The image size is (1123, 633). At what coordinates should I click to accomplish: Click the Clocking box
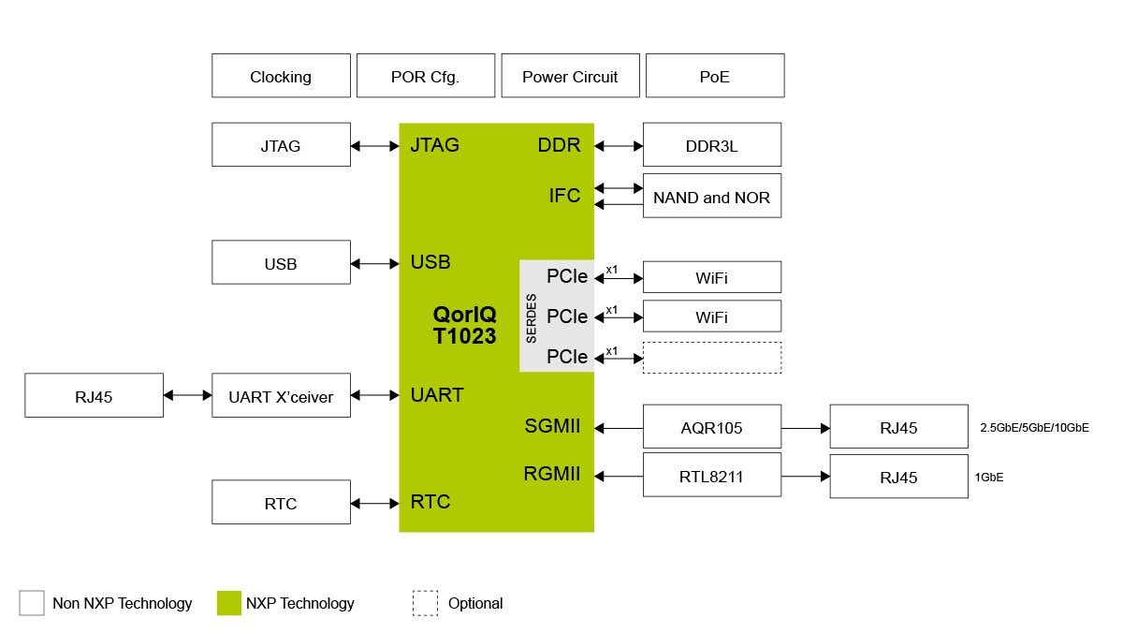(x=281, y=76)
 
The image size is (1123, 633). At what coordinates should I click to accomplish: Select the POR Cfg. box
(x=425, y=76)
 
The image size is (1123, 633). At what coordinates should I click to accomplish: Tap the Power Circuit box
(x=570, y=76)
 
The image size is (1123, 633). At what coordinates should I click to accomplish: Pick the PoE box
(x=714, y=76)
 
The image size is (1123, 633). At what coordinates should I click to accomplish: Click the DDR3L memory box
(x=711, y=145)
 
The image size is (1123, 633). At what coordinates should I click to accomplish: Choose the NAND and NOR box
(x=711, y=197)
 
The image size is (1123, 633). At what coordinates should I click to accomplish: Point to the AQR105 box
(x=711, y=427)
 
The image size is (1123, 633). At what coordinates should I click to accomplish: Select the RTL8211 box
(x=711, y=475)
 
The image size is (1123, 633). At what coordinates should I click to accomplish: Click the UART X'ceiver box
(x=281, y=396)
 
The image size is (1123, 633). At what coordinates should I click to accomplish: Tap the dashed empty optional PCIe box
(x=711, y=358)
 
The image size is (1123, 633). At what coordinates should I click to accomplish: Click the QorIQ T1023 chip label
(x=464, y=325)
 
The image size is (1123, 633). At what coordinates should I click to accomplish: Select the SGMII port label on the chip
(x=552, y=427)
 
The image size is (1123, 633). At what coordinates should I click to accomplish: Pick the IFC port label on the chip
(x=564, y=196)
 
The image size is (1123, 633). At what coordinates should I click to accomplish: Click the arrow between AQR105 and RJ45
(x=805, y=428)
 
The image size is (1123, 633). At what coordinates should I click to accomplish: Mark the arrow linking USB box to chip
(x=374, y=264)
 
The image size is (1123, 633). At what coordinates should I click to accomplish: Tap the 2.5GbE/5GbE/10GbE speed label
(x=1034, y=428)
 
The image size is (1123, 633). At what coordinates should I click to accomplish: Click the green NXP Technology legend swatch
(x=229, y=603)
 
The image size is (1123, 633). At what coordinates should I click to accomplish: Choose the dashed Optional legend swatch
(x=425, y=603)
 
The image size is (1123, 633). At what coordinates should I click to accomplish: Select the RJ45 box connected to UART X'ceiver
(x=94, y=396)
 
